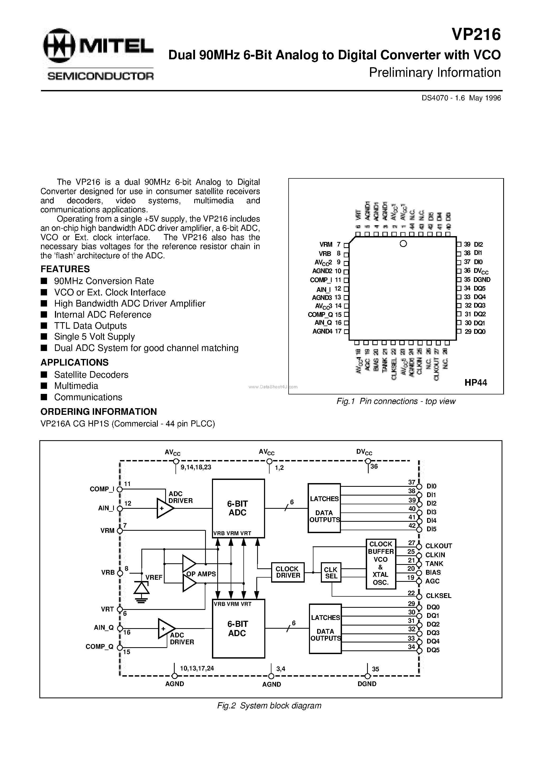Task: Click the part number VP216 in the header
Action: [x=476, y=35]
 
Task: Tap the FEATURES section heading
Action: [x=65, y=269]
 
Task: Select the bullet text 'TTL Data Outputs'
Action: [x=90, y=326]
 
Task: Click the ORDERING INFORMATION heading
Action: [x=99, y=412]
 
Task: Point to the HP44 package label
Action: [x=476, y=382]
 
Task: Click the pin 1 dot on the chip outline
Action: [x=403, y=243]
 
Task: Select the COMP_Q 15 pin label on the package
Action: [x=325, y=314]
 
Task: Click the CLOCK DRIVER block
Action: [x=288, y=572]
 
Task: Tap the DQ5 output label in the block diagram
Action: [x=433, y=650]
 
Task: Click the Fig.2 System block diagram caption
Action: [x=269, y=705]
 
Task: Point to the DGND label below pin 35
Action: [x=367, y=684]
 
